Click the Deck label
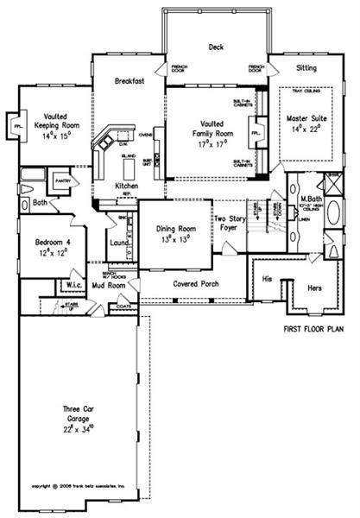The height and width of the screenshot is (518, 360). [217, 48]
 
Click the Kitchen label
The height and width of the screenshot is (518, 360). [128, 186]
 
